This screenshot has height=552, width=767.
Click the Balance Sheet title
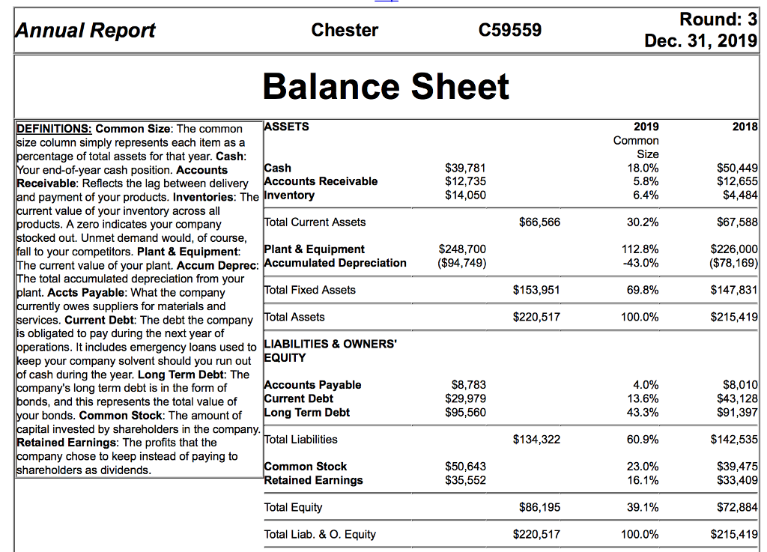386,87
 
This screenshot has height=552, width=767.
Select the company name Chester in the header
345,30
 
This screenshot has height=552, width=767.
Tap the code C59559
509,30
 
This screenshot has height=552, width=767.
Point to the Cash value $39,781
465,168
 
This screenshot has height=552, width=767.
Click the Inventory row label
290,195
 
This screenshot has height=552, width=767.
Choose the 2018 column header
745,127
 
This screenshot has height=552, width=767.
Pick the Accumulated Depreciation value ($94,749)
462,263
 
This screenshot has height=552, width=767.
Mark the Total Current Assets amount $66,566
539,222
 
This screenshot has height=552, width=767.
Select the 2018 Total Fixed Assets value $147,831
734,290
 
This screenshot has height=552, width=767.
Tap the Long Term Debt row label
307,412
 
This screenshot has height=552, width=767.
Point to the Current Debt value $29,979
465,398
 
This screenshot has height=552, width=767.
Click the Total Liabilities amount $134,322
536,440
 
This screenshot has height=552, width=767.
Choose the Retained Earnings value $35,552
465,480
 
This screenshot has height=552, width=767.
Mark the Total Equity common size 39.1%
643,507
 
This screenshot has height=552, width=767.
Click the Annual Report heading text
85,30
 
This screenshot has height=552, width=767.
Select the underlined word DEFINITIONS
54,129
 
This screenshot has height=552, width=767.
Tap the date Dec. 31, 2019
701,40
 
